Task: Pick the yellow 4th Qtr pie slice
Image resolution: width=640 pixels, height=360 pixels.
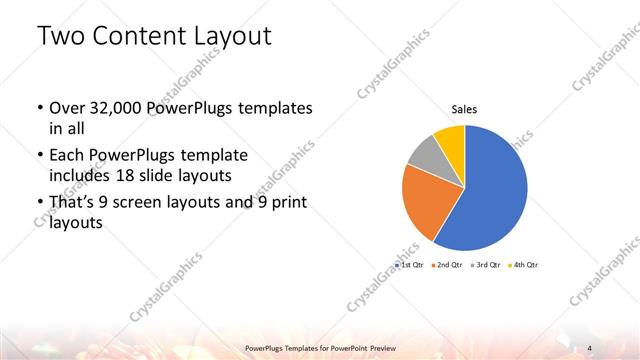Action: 451,137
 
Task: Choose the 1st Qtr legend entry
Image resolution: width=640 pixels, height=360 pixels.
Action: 411,265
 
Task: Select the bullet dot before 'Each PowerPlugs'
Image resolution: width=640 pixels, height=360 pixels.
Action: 39,157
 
